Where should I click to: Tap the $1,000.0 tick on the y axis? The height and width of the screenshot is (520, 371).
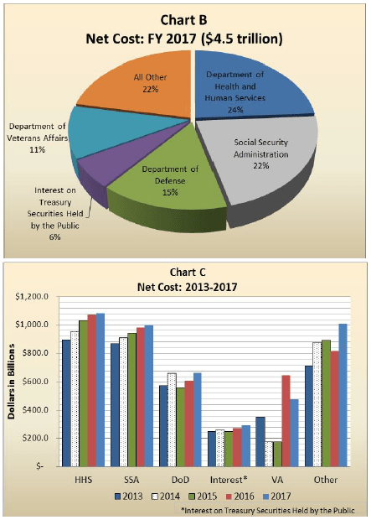[x=33, y=325]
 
